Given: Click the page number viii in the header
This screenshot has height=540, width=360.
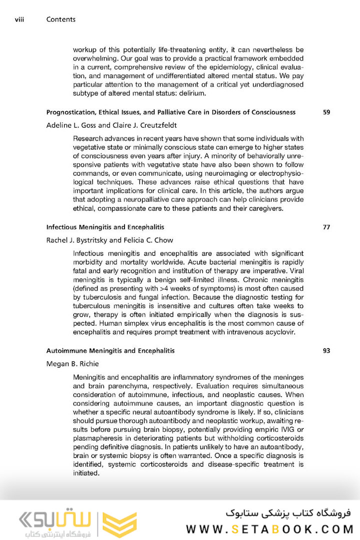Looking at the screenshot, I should click(20, 19).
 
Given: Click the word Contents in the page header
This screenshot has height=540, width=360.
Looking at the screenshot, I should click(61, 19).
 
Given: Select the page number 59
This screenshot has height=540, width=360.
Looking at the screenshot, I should click(326, 112).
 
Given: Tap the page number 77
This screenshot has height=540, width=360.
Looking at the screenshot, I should click(326, 227).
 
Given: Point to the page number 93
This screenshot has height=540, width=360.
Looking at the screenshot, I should click(326, 351).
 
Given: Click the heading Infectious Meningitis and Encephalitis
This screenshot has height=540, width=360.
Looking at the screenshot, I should click(105, 227).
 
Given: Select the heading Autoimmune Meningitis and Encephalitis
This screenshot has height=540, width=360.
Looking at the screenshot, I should click(110, 351).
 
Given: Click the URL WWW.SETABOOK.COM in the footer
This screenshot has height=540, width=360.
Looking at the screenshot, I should click(270, 528).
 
